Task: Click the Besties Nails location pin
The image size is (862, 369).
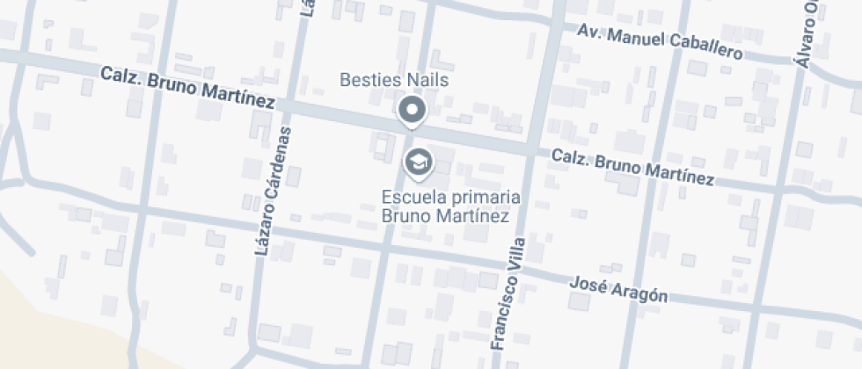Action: [x=412, y=111]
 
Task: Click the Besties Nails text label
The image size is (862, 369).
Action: [x=394, y=81]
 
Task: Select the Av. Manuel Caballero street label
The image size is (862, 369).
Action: [x=660, y=41]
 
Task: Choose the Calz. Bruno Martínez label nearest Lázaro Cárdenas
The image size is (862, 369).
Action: [x=187, y=86]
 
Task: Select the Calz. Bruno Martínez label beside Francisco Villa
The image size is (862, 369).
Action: [x=632, y=167]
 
